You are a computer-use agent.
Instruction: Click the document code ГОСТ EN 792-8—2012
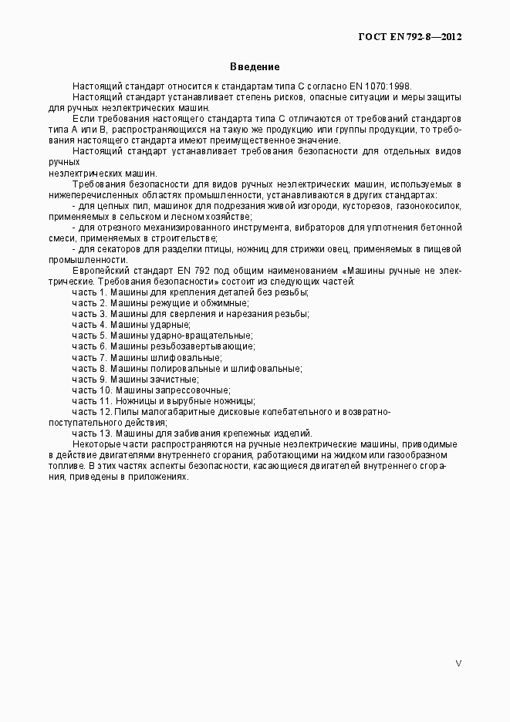410,36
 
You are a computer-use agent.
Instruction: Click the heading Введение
255,67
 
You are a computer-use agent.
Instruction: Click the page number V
458,663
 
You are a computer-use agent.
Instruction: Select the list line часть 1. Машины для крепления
191,292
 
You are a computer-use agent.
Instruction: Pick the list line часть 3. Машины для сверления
191,314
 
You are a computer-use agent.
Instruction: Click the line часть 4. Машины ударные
131,325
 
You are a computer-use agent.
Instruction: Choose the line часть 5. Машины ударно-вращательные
162,336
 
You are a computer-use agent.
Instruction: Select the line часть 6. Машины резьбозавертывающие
165,346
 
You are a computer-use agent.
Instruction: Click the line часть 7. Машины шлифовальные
147,357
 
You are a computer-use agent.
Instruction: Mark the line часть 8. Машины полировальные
187,369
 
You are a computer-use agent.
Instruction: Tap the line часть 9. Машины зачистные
136,380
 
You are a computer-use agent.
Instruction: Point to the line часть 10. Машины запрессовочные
152,390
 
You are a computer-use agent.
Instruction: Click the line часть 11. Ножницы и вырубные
164,401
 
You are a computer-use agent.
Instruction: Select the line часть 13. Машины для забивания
192,434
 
